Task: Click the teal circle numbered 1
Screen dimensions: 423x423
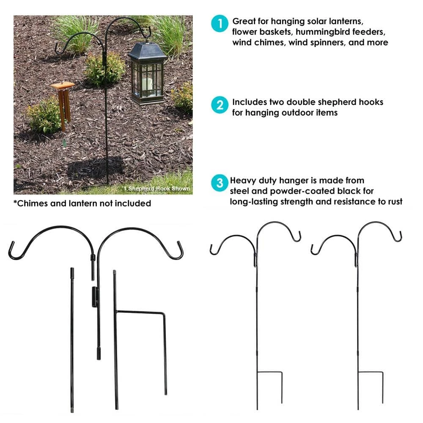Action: [220, 23]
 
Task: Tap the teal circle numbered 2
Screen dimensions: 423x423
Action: [220, 104]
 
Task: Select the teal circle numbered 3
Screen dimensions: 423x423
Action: [220, 183]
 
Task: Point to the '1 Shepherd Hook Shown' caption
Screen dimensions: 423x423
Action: [157, 189]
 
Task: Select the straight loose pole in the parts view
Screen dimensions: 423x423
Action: [72, 340]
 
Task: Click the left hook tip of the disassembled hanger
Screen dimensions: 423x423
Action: [11, 244]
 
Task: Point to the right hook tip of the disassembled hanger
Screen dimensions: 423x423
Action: [179, 244]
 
